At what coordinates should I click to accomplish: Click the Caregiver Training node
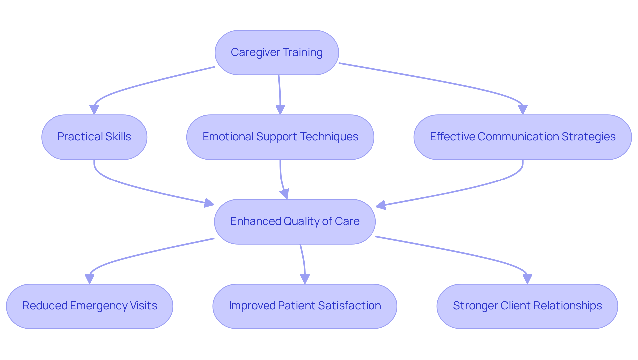pyautogui.click(x=276, y=53)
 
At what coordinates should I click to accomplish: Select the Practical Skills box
pyautogui.click(x=94, y=137)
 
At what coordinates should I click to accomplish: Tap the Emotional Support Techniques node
pyautogui.click(x=280, y=137)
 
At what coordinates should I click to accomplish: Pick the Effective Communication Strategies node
pyautogui.click(x=522, y=137)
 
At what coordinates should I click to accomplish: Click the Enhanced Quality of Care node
pyautogui.click(x=295, y=222)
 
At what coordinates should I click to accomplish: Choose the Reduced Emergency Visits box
pyautogui.click(x=89, y=306)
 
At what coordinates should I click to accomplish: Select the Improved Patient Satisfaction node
pyautogui.click(x=305, y=306)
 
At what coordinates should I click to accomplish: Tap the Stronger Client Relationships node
pyautogui.click(x=527, y=306)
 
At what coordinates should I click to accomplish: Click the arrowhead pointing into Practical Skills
pyautogui.click(x=94, y=110)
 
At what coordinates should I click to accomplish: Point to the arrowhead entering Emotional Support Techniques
pyautogui.click(x=280, y=110)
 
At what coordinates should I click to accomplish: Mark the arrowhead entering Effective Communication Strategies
pyautogui.click(x=523, y=110)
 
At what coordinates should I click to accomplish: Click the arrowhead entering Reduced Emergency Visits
pyautogui.click(x=90, y=279)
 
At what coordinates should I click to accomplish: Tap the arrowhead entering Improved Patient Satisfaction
pyautogui.click(x=305, y=279)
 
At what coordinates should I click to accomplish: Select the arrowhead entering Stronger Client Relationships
pyautogui.click(x=527, y=279)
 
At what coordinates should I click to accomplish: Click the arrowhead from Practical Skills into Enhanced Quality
pyautogui.click(x=209, y=203)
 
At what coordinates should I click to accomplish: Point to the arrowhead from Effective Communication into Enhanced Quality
pyautogui.click(x=381, y=205)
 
